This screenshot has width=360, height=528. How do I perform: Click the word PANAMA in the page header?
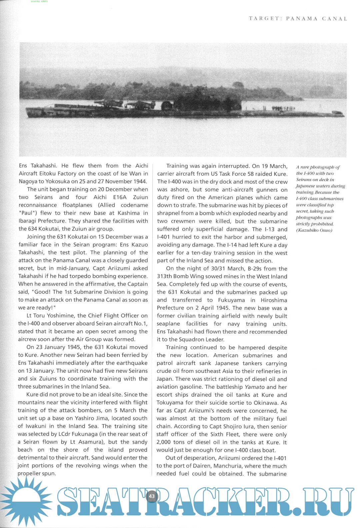point(302,19)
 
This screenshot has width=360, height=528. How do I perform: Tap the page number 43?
point(152,496)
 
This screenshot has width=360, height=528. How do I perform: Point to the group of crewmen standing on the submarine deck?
point(283,109)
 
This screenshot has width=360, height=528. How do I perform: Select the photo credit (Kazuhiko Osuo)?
point(314,230)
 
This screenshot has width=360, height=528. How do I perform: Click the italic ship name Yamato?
point(255,387)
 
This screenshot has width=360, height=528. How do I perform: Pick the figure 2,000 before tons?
point(164,442)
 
